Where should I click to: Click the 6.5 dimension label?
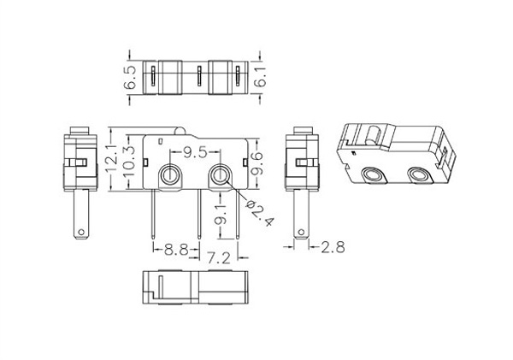tap(130, 78)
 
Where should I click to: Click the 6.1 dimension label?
tap(261, 77)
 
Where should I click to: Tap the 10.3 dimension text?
tap(129, 161)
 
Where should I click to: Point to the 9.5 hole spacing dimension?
tap(195, 152)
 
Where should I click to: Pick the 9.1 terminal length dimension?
tap(221, 214)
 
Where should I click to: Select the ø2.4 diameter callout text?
tap(260, 213)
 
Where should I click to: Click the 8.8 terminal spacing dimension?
tap(176, 251)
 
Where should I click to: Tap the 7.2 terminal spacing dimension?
tap(219, 258)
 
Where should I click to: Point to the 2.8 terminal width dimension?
tap(333, 247)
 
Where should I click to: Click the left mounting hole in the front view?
tap(170, 176)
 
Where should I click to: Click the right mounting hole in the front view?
tap(220, 176)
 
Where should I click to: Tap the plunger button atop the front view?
tap(180, 131)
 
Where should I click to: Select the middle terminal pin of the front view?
tap(199, 214)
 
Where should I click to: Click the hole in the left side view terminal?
tap(80, 233)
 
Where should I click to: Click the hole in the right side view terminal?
tap(301, 233)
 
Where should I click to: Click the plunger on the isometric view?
tap(371, 135)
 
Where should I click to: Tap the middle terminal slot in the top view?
tap(199, 76)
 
